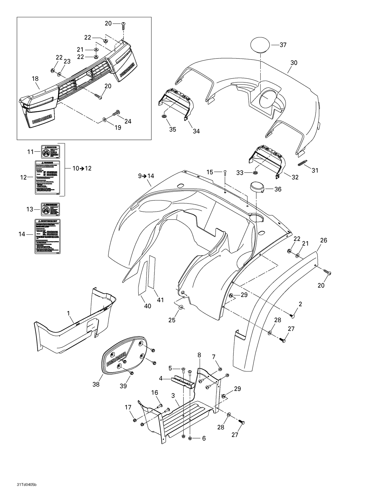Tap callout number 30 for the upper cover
tap(294, 63)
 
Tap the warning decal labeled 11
tap(51, 152)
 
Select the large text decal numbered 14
tap(48, 236)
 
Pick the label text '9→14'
tap(146, 176)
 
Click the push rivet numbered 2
tap(292, 315)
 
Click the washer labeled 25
tap(180, 307)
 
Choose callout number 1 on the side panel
tap(68, 313)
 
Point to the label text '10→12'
tap(82, 168)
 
